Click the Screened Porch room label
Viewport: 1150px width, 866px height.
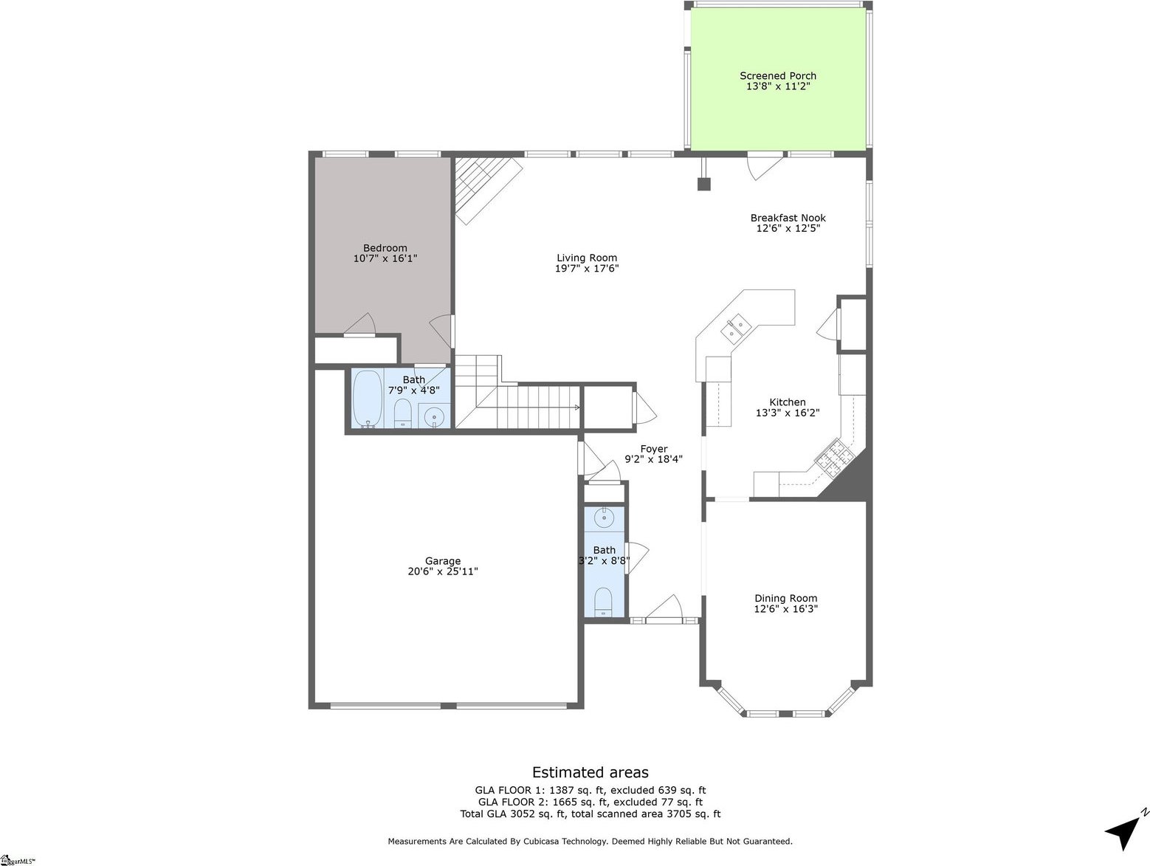pyautogui.click(x=778, y=76)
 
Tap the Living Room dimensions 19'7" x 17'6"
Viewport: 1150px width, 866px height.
pyautogui.click(x=587, y=269)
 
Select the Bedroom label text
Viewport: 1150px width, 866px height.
pyautogui.click(x=385, y=248)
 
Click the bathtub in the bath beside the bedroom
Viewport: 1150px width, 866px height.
pyautogui.click(x=367, y=399)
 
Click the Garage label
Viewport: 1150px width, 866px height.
pyautogui.click(x=442, y=561)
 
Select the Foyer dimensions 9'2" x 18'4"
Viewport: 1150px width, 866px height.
pyautogui.click(x=653, y=459)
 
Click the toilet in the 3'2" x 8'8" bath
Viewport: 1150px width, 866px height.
pyautogui.click(x=604, y=601)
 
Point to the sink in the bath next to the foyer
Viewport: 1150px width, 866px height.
pyautogui.click(x=604, y=518)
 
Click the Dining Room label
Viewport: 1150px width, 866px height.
pyautogui.click(x=785, y=599)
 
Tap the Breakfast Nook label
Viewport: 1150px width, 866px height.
pyautogui.click(x=788, y=218)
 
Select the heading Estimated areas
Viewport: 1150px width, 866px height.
pyautogui.click(x=590, y=772)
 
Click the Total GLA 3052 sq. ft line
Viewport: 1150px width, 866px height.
pyautogui.click(x=590, y=814)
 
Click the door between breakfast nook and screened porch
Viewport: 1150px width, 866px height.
pyautogui.click(x=764, y=165)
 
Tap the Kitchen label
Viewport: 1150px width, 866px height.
pyautogui.click(x=787, y=402)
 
